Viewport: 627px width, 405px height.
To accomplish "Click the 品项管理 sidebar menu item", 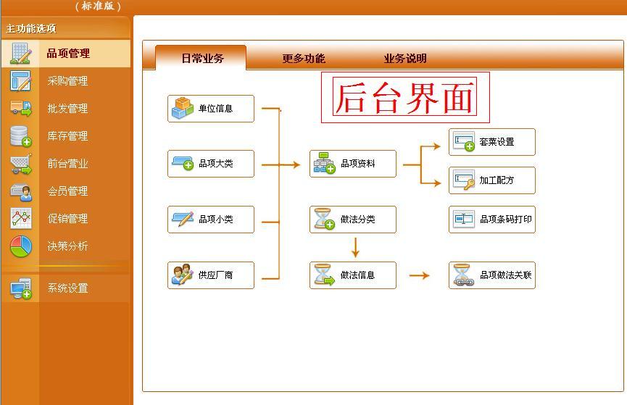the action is [67, 54].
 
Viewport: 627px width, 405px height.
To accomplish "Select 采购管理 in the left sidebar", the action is [67, 81].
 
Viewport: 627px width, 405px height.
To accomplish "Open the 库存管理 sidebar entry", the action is [67, 136].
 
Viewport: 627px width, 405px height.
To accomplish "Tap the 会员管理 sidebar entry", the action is [67, 191].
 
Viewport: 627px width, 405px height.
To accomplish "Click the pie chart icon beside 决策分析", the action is [21, 246].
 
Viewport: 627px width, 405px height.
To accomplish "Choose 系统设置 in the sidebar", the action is [67, 288].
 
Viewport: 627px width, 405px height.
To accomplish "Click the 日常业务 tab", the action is [202, 59].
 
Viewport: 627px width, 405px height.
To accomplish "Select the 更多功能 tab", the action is [304, 59].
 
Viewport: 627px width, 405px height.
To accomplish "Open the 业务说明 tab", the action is [405, 59].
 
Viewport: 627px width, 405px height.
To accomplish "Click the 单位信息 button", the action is [211, 109].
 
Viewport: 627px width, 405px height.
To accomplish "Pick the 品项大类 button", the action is [211, 164].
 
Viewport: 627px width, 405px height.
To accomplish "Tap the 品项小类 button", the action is [211, 220].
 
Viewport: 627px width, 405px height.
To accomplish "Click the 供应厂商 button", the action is [211, 275].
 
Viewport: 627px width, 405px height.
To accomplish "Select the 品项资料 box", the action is [353, 164].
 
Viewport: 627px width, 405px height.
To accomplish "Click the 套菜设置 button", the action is [492, 142].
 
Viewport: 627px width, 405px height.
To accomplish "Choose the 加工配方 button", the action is [492, 180].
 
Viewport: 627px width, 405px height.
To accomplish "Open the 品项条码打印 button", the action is [492, 219].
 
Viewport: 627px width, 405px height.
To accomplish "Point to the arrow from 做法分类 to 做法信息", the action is [355, 248].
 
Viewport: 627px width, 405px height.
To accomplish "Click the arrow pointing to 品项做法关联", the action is [420, 276].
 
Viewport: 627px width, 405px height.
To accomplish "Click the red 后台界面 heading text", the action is [405, 98].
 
